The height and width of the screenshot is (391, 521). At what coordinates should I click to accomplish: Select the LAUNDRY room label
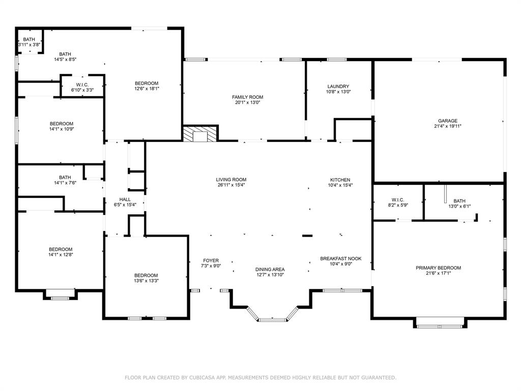338,87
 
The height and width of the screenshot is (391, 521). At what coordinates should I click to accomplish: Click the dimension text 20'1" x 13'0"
247,102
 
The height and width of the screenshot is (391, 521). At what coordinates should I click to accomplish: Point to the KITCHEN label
340,180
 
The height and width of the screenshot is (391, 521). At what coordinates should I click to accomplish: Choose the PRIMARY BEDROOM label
438,268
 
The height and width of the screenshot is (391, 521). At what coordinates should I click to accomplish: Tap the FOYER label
211,261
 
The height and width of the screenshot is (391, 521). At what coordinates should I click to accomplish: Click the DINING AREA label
270,269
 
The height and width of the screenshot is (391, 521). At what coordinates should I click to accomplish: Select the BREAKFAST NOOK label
340,259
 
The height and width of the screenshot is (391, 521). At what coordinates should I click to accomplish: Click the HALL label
125,199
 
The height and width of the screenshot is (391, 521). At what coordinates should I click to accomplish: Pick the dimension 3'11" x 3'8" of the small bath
29,45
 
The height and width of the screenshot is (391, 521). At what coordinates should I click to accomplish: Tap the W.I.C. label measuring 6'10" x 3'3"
82,85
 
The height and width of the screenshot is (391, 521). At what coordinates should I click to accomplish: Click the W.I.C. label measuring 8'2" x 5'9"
398,200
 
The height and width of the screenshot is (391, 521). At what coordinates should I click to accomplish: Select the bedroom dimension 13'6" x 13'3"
146,281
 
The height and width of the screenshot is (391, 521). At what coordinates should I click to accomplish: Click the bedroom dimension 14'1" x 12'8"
61,255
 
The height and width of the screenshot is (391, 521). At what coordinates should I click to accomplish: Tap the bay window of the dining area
272,318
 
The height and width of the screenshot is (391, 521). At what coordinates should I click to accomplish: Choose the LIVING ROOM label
231,180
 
